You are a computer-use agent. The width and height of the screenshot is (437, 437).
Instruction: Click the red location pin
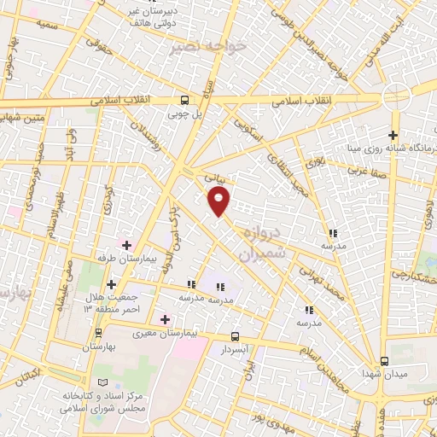[219, 202]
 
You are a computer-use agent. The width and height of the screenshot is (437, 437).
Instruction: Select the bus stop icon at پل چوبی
[186, 99]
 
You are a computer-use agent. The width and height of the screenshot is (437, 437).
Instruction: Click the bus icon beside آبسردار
[236, 336]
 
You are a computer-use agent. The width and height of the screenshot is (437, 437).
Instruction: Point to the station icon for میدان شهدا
[384, 361]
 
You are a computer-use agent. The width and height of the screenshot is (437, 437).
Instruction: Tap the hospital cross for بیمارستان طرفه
[127, 245]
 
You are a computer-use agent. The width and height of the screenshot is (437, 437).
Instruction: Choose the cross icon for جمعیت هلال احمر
[111, 285]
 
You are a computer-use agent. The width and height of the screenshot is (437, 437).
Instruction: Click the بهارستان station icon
[100, 333]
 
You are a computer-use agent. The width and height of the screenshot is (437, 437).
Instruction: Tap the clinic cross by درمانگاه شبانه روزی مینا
[393, 135]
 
